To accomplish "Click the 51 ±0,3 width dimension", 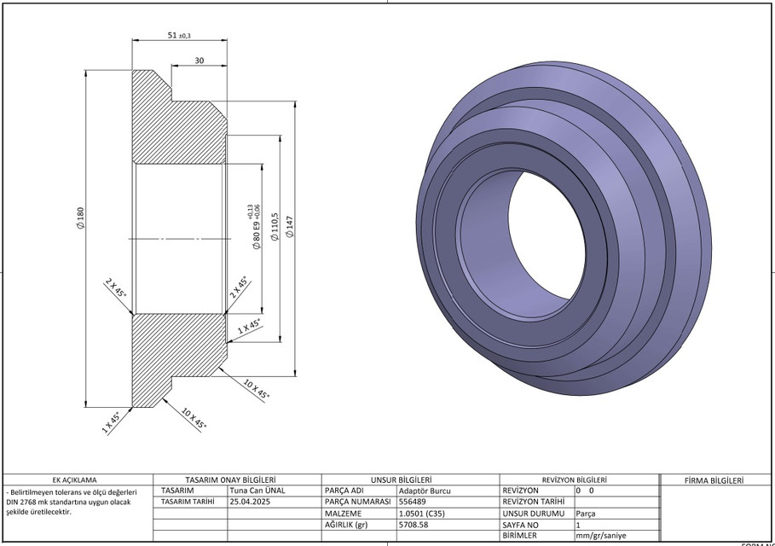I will (x=179, y=35).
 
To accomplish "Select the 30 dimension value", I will (x=199, y=61).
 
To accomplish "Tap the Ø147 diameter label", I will (x=289, y=226).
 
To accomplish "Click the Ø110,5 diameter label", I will (x=274, y=227).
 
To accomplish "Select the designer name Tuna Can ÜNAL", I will (x=257, y=491).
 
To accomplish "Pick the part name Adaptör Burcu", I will (x=425, y=491).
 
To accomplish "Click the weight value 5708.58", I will (x=414, y=526).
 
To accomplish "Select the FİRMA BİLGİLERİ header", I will (x=715, y=479).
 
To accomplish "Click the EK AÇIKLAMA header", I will (x=75, y=479).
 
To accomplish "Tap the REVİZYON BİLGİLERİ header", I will (x=574, y=479).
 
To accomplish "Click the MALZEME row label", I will (x=343, y=514).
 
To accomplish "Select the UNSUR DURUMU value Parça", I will (x=586, y=514).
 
